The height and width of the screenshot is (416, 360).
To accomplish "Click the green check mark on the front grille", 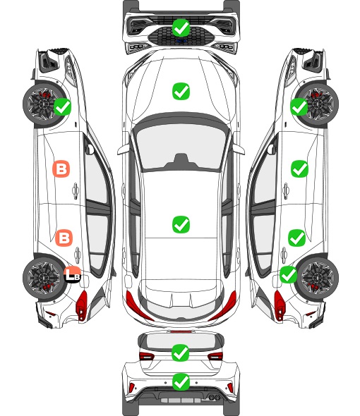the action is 181,27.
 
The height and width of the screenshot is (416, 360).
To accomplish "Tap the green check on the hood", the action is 181,91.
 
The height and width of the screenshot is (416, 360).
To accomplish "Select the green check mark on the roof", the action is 181,224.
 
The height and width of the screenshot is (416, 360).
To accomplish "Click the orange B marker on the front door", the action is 61,169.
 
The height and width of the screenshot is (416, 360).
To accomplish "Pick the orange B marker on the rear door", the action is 64,238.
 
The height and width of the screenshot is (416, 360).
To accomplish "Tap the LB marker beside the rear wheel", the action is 72,274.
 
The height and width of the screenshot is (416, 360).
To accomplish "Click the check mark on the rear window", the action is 181,353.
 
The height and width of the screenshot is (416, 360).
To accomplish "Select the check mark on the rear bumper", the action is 181,382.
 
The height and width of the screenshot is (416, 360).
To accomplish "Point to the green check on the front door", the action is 300,169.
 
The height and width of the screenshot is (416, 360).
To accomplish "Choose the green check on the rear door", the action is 297,238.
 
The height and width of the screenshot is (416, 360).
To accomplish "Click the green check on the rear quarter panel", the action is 289,274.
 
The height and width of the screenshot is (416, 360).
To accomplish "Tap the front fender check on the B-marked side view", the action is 62,106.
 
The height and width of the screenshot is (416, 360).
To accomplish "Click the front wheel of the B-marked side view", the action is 43,105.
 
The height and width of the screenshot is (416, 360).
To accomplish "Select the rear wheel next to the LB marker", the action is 43,278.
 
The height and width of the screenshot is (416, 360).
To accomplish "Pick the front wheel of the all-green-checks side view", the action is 318,105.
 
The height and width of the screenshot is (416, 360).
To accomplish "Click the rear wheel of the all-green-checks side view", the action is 318,278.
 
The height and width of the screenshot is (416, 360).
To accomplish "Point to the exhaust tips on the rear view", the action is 215,397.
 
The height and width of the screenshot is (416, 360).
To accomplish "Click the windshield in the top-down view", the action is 181,145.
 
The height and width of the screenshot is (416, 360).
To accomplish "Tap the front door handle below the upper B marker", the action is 76,190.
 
